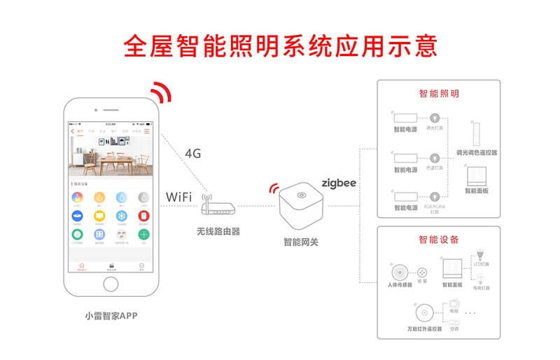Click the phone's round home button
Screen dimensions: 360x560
click(x=111, y=284)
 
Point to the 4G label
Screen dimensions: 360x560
click(x=193, y=153)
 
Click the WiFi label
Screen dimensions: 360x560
click(x=179, y=196)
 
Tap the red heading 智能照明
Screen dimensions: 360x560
click(x=439, y=93)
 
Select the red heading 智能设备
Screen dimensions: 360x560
click(x=439, y=240)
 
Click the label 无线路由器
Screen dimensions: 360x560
click(x=218, y=231)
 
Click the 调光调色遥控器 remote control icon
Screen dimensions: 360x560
click(x=477, y=133)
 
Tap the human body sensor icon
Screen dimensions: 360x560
click(x=400, y=272)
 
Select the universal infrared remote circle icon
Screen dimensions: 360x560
click(x=424, y=313)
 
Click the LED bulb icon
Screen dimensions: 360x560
click(x=480, y=254)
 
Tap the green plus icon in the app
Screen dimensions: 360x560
click(x=143, y=234)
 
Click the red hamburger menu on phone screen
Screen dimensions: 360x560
click(x=147, y=131)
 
